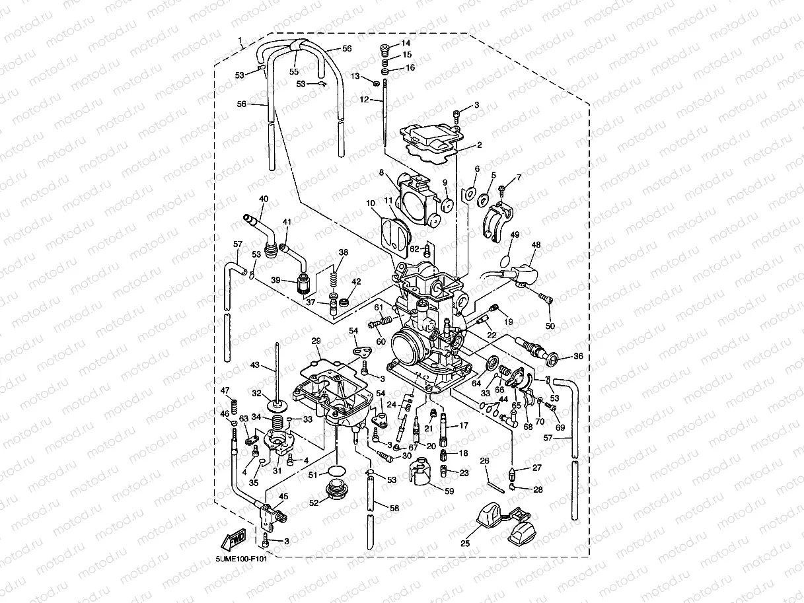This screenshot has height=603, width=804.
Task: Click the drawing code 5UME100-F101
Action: click(242, 559)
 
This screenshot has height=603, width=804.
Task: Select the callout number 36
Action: click(578, 356)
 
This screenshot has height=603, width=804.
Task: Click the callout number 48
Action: click(535, 244)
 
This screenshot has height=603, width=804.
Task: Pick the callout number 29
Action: click(316, 341)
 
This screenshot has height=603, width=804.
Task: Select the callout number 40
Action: click(264, 199)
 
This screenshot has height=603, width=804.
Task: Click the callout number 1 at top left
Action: click(240, 40)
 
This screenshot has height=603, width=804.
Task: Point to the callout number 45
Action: click(284, 497)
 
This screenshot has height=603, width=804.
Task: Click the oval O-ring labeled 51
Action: click(337, 471)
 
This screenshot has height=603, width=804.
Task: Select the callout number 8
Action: click(381, 173)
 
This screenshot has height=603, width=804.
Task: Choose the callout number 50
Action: click(550, 326)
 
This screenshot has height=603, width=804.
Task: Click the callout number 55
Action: click(294, 71)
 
